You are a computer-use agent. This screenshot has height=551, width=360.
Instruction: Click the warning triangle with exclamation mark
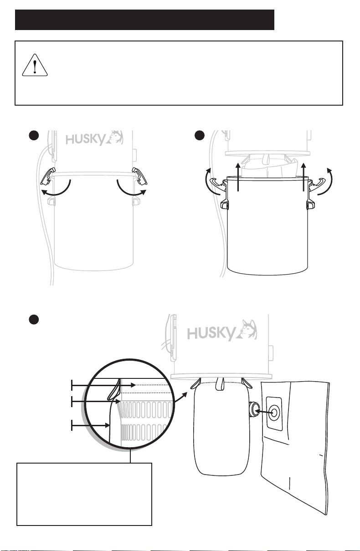coord(35,65)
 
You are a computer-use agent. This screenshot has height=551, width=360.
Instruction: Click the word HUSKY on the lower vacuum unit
coord(211,333)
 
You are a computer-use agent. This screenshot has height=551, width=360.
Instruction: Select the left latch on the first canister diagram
coord(47,176)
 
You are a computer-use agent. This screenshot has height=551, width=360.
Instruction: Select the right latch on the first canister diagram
coord(139,176)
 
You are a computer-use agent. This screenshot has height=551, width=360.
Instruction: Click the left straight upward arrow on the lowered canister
coord(238,177)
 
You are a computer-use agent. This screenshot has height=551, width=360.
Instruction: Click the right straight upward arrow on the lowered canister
coord(303,177)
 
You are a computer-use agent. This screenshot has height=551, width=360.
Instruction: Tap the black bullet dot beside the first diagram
coord(34,136)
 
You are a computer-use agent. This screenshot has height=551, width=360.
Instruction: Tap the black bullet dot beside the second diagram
coord(200,136)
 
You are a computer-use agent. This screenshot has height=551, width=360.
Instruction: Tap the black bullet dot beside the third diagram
coord(34,320)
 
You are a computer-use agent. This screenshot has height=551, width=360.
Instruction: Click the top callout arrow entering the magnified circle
coord(103,385)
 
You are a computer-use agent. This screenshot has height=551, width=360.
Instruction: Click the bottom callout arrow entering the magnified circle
coord(90,425)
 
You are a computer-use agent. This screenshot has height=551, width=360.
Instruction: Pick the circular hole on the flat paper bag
coord(274,413)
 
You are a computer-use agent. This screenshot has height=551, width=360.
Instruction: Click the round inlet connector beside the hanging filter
coord(252,409)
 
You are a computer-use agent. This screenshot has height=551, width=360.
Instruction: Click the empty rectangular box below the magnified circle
coord(84,494)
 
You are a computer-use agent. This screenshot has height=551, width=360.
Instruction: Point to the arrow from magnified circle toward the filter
coord(181,397)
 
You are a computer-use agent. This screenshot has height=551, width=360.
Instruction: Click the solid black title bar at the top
coord(144,20)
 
